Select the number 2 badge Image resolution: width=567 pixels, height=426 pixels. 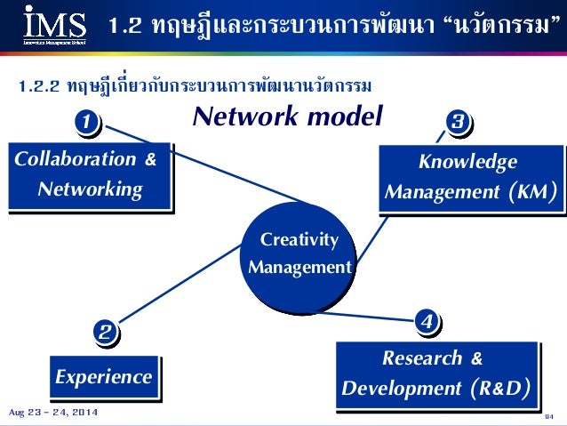click(x=104, y=334)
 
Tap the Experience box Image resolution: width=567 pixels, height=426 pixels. click(x=103, y=377)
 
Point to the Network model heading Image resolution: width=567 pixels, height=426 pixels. click(x=288, y=117)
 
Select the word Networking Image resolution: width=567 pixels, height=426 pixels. click(x=90, y=189)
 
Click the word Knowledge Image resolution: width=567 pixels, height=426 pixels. click(x=467, y=162)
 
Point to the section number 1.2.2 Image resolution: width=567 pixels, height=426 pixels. click(x=39, y=86)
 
